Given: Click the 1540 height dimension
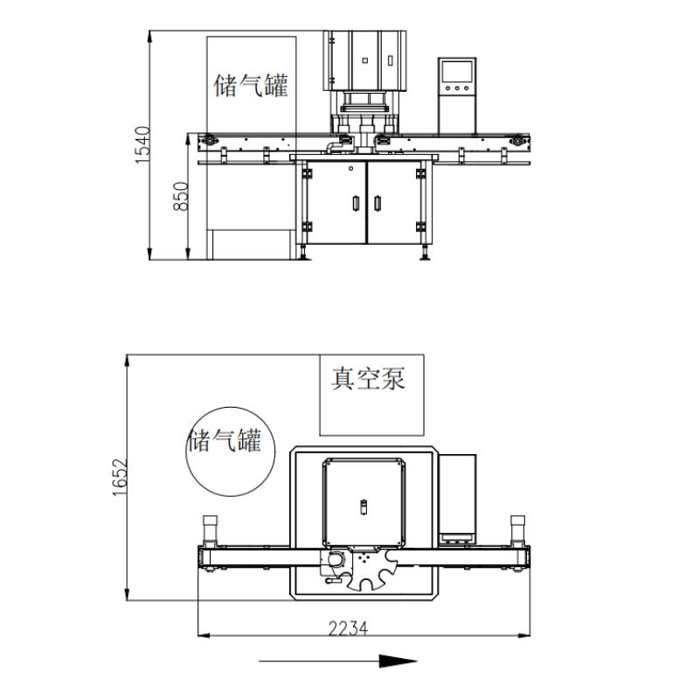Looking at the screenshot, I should (142, 145).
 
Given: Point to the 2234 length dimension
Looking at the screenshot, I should (348, 627).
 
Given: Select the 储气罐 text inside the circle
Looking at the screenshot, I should (225, 439).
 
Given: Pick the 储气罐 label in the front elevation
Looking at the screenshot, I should (251, 86).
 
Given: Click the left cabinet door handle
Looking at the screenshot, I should (355, 203).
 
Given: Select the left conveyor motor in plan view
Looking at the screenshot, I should (210, 528).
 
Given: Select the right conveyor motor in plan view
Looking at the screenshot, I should (517, 528).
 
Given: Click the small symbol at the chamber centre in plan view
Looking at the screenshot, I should (364, 505).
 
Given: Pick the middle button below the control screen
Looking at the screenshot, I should (458, 88).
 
